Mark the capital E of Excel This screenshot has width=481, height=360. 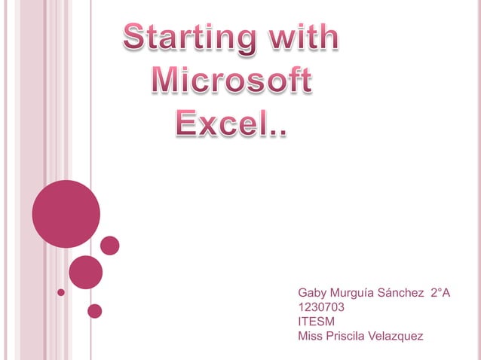(x=187, y=124)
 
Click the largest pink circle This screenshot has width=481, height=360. (x=66, y=214)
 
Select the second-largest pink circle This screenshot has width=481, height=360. (x=85, y=272)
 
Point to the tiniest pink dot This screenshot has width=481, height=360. (x=62, y=291)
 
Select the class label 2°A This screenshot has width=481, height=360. (x=440, y=292)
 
